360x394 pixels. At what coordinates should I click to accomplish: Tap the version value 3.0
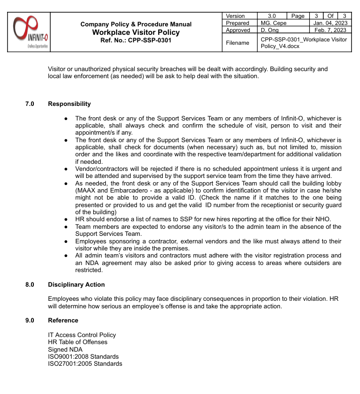coord(272,16)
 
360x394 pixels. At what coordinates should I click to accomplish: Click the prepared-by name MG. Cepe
coord(273,23)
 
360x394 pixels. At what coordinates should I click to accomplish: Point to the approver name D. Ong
coord(270,30)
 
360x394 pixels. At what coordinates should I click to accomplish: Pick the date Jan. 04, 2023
coord(330,23)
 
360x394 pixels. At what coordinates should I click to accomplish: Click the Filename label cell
coord(238,43)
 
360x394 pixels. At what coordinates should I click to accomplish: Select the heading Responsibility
coord(69,104)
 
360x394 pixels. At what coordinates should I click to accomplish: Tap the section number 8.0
coord(30,285)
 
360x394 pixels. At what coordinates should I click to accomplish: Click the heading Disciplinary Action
coord(76,285)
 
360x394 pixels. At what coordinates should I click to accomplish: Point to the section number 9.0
coord(30,321)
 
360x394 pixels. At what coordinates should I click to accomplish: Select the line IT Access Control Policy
coord(82,335)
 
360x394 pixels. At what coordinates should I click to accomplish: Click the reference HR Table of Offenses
coord(78,342)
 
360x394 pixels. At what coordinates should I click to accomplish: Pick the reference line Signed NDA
coord(65,350)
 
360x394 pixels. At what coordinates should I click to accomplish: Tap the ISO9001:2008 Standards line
coord(83,357)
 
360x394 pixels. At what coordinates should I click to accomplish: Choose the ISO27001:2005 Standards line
coord(85,364)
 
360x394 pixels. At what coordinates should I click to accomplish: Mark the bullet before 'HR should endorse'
coord(66,219)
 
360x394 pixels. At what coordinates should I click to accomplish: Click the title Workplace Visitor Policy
coord(136,32)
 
